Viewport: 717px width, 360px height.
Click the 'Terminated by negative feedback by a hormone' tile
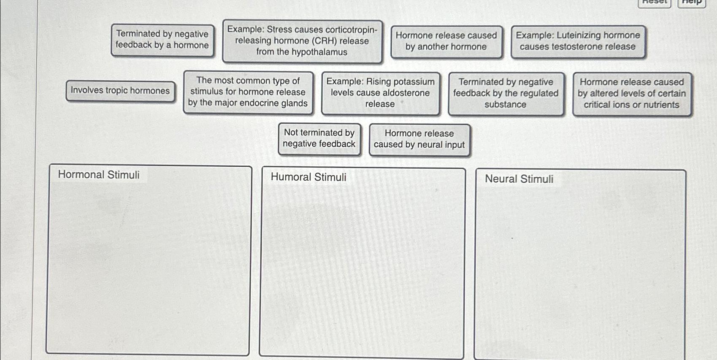pos(162,40)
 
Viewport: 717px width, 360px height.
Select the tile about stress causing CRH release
pos(302,41)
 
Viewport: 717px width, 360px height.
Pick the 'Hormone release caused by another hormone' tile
pos(446,42)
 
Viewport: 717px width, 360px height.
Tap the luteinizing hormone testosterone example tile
pos(578,42)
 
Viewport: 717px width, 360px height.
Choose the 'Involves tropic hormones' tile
pos(120,91)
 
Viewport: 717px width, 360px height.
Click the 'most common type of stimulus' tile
pos(248,92)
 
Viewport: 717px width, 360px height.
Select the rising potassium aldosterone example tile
pos(380,93)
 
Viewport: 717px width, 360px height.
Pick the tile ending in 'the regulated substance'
pos(506,93)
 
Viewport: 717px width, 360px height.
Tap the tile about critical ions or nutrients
pos(632,94)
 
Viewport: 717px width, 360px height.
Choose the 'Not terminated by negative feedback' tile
pos(319,139)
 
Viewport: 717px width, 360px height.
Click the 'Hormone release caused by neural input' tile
pos(419,140)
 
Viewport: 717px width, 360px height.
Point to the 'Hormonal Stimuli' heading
pos(99,175)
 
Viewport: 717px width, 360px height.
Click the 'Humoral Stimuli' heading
pos(308,177)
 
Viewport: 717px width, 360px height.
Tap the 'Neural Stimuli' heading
pos(519,179)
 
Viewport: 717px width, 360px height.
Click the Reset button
pos(654,3)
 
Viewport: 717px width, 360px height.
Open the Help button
pos(692,3)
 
